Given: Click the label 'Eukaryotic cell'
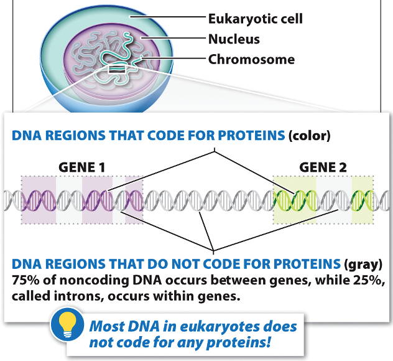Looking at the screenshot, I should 255,19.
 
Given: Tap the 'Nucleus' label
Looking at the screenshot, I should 233,39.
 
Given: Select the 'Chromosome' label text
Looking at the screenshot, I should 251,60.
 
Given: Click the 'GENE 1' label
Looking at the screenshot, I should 82,167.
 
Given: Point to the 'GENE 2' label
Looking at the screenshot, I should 323,167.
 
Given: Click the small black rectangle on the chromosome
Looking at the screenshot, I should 116,72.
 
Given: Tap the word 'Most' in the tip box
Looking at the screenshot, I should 106,326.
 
